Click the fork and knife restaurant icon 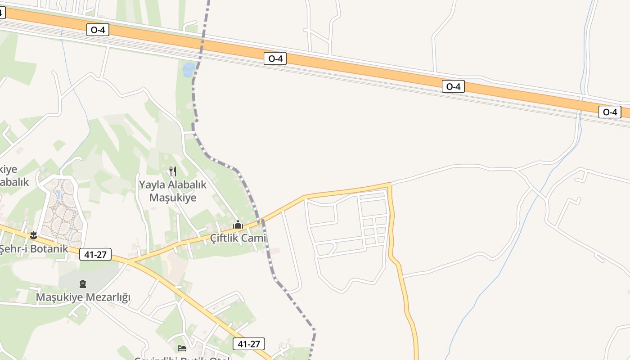(x=172, y=171)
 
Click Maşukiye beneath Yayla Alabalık (x=173, y=198)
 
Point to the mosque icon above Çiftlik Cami (x=238, y=225)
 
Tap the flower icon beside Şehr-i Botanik (x=33, y=235)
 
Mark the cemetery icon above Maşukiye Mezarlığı (x=83, y=284)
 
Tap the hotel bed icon (x=182, y=348)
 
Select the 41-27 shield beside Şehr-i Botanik (x=95, y=254)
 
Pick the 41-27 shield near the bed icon (x=249, y=344)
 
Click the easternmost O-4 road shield (x=610, y=112)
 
